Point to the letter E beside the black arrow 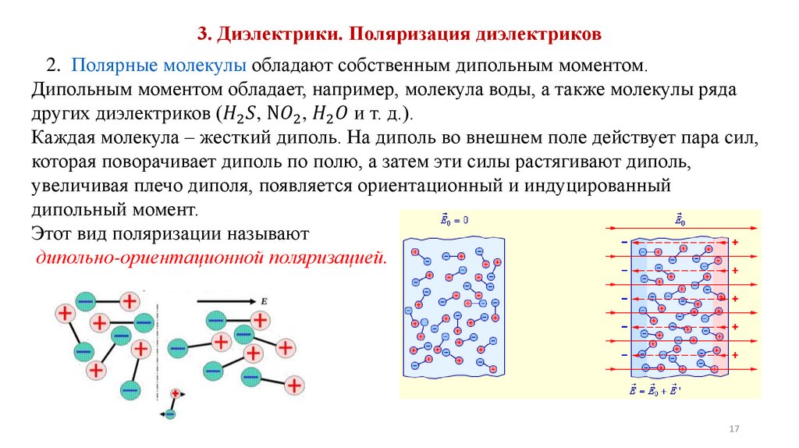tap(265, 299)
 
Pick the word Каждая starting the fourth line tap(66, 137)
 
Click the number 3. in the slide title tap(204, 34)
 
